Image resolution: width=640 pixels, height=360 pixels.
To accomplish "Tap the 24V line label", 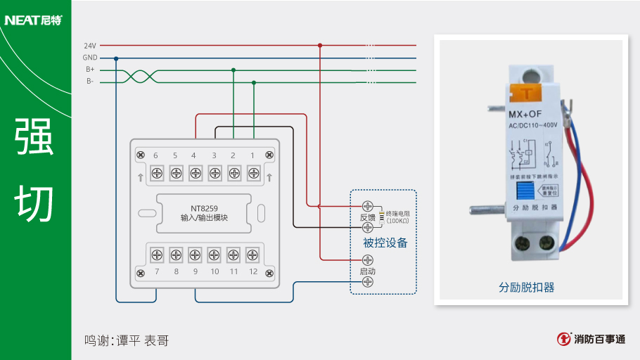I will pos(90,46).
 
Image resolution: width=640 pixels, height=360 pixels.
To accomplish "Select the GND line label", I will pos(90,58).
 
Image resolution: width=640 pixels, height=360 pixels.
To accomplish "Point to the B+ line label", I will pos(90,70).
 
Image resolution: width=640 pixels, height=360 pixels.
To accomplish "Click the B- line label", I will pos(90,82).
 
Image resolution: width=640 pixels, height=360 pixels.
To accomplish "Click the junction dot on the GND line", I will pos(116,58).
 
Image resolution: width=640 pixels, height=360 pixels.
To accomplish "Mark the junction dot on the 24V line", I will pos(319,45).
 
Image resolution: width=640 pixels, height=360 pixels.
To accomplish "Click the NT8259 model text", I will pos(204,208).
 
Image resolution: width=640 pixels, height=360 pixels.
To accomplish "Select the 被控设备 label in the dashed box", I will pos(385,243).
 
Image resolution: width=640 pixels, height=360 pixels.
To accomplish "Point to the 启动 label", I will pos(367,271).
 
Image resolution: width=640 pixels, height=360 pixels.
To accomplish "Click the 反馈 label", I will pos(367,217).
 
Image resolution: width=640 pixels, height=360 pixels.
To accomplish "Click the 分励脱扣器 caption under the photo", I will pos(527,288).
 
